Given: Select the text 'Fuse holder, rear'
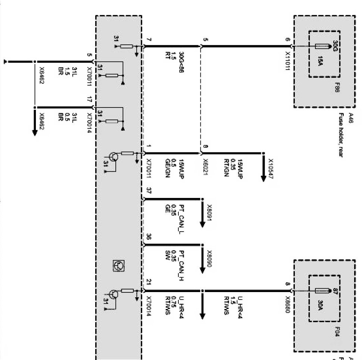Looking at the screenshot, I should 340,134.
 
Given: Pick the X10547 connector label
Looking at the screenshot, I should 272,168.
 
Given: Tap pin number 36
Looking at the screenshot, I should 149,236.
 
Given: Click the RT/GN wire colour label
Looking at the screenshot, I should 226,168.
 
